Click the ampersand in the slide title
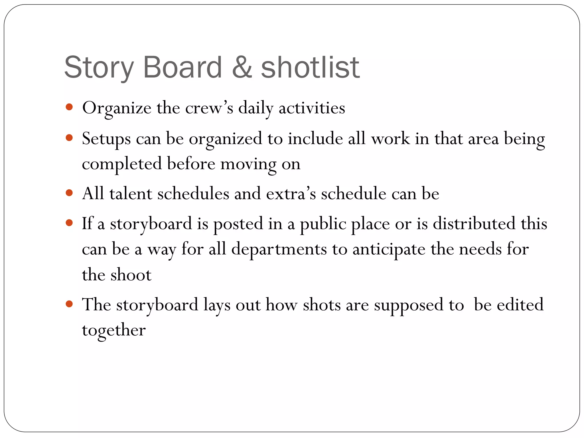pyautogui.click(x=242, y=67)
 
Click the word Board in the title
pyautogui.click(x=182, y=67)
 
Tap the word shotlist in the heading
pyautogui.click(x=310, y=67)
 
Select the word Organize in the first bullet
pyautogui.click(x=117, y=108)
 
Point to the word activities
pyautogui.click(x=312, y=108)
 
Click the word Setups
pyautogui.click(x=106, y=139)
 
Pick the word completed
pyautogui.click(x=122, y=164)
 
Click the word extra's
pyautogui.click(x=291, y=194)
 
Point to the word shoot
pyautogui.click(x=131, y=275)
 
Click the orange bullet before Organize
pyautogui.click(x=69, y=107)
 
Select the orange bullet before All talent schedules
pyautogui.click(x=69, y=193)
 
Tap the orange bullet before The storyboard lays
pyautogui.click(x=69, y=304)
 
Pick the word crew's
pyautogui.click(x=209, y=108)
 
